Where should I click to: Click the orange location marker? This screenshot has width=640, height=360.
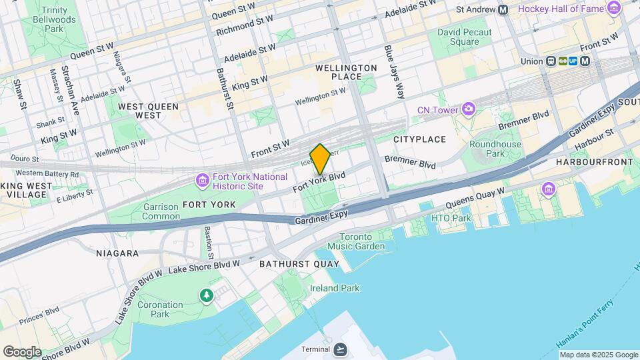coord(320,159)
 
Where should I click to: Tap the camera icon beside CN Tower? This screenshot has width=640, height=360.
coord(469,109)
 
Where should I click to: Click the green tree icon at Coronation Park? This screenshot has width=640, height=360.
coord(207,294)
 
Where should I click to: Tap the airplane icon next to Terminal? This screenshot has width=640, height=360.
coord(341,349)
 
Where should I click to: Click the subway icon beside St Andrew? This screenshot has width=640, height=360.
coord(503,9)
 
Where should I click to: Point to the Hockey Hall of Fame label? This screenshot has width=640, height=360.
coord(559,9)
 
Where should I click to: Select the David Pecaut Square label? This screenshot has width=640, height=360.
coord(465,37)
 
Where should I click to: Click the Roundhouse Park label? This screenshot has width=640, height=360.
coord(495,149)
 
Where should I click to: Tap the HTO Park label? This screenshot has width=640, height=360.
coord(451,218)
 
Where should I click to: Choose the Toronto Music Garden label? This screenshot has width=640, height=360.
coord(362,241)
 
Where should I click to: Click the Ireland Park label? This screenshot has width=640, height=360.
coord(335,288)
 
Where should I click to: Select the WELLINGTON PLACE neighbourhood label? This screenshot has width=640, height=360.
coord(346,72)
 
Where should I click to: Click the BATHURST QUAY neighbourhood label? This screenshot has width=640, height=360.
coord(299,263)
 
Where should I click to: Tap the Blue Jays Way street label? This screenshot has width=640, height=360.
coord(394,72)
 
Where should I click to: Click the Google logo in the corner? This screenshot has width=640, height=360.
coord(22,351)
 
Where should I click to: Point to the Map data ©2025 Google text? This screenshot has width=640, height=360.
coord(598,355)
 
